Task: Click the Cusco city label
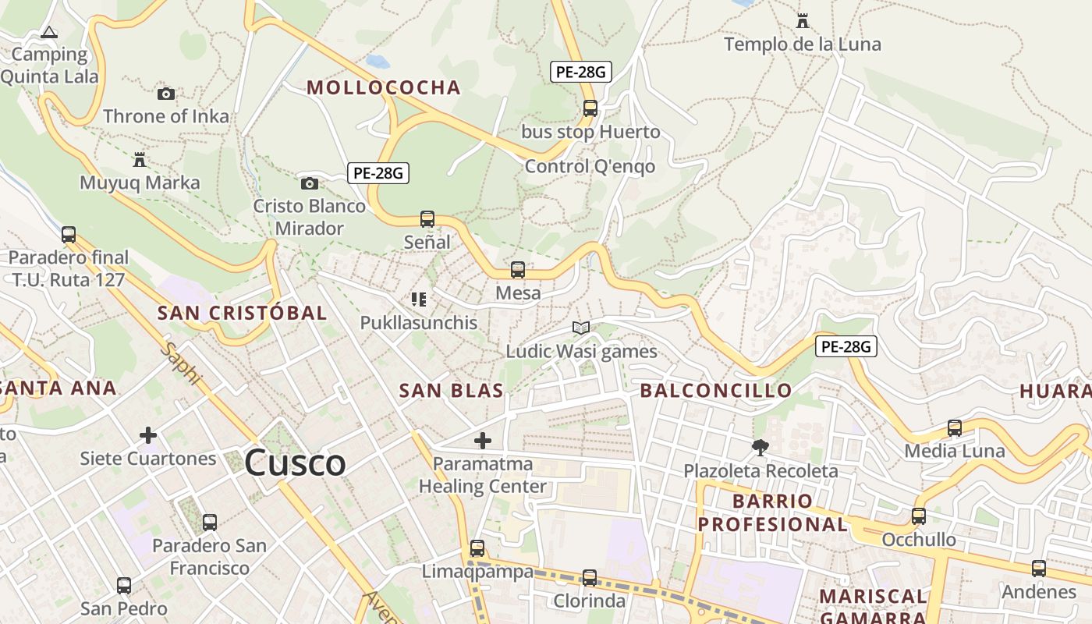(295, 463)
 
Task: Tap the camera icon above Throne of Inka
(166, 94)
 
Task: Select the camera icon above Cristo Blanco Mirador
(310, 184)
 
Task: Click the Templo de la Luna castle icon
(802, 21)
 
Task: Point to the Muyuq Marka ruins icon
(140, 161)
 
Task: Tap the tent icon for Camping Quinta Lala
(49, 33)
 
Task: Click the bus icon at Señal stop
(427, 219)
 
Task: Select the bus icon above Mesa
(518, 271)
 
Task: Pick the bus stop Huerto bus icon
(590, 108)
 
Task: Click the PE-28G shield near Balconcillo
(846, 346)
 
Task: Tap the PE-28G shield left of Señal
(378, 172)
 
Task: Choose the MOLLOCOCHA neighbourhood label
(384, 87)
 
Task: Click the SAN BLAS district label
(451, 391)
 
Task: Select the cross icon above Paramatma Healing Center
(483, 441)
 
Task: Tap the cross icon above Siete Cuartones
(148, 435)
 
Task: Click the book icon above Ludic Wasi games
(581, 328)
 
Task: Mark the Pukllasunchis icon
(419, 300)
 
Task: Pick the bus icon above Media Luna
(955, 428)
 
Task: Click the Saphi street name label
(181, 363)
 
